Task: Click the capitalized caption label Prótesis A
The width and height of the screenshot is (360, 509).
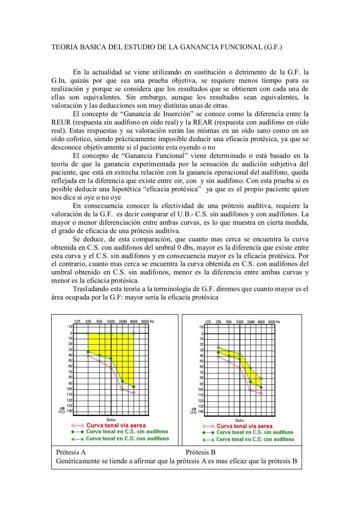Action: point(71,452)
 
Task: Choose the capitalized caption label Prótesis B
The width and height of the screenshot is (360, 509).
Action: point(200,452)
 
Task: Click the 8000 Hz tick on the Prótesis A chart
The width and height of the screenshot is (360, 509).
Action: point(146,321)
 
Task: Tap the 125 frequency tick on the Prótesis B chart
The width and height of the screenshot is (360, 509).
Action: point(208,321)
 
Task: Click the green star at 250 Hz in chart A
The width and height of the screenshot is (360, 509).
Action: point(88,333)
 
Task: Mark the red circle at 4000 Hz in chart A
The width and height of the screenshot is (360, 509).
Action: point(134,392)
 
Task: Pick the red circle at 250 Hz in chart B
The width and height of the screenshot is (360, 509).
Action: point(218,357)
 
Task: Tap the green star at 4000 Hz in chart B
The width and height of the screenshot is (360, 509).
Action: point(261,378)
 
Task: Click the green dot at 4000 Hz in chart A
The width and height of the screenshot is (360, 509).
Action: point(134,387)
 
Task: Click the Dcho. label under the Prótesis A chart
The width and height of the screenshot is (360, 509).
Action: point(111,420)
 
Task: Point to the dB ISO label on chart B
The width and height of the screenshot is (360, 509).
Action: point(193,411)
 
